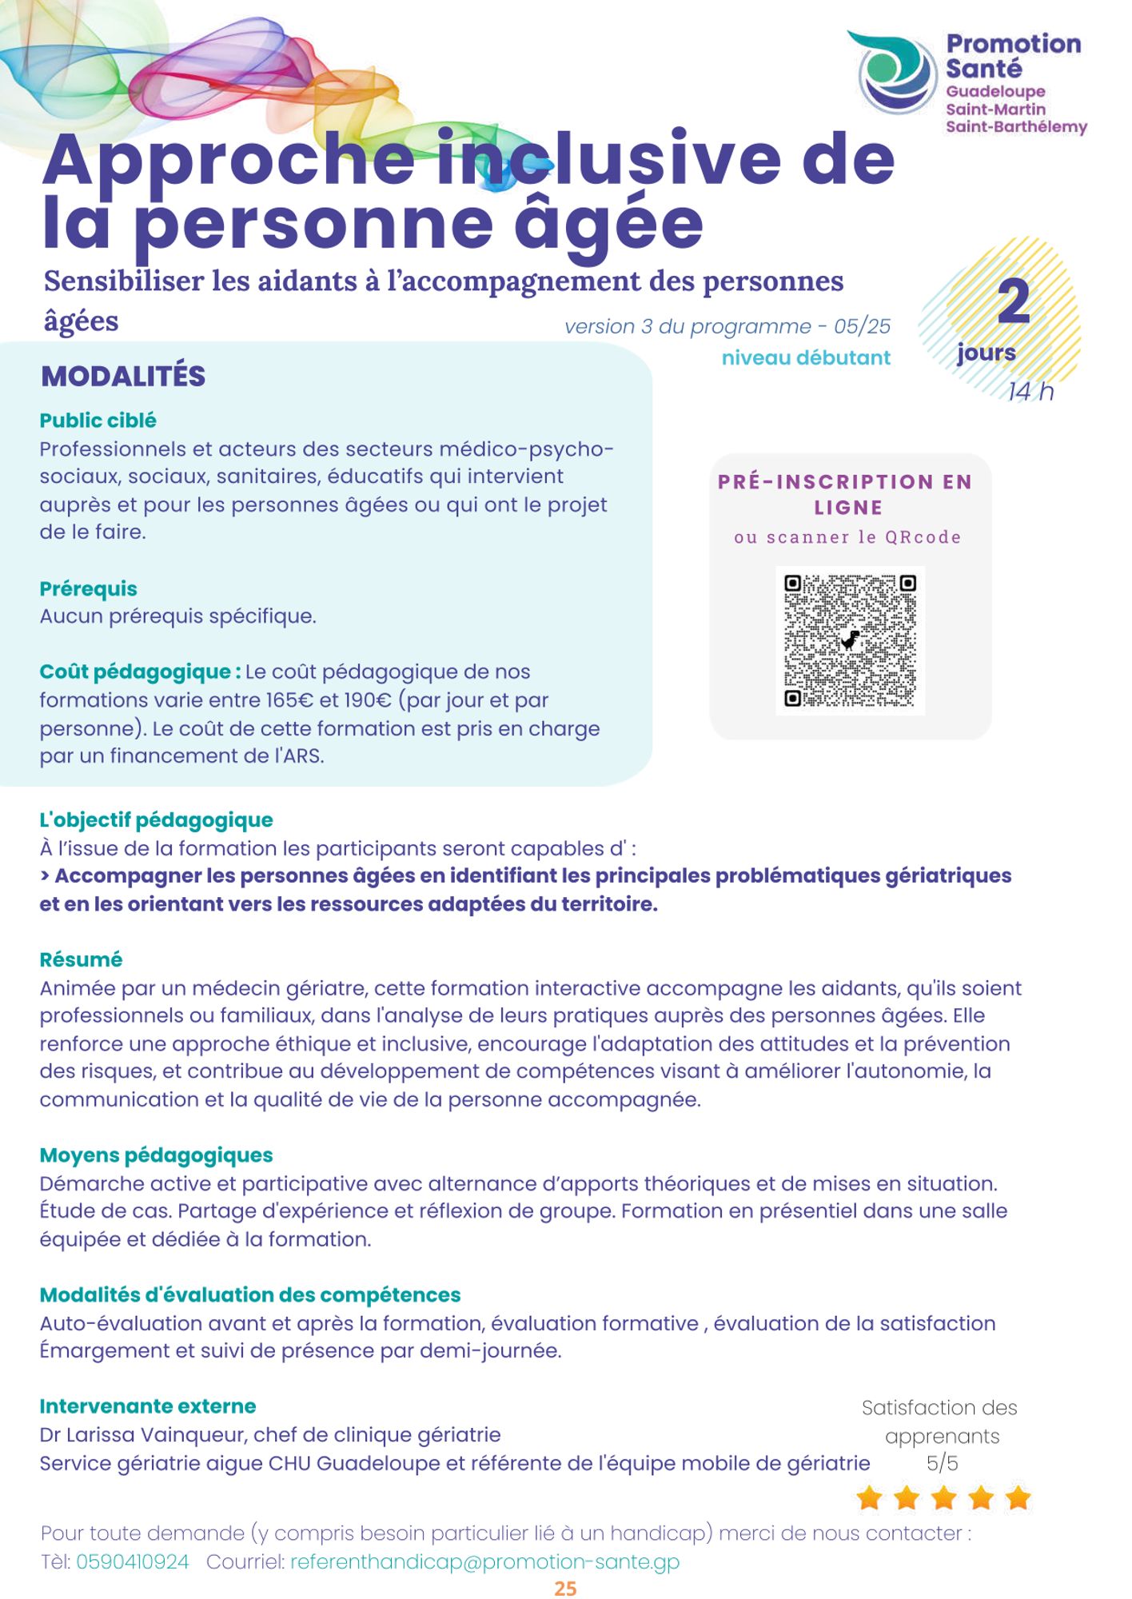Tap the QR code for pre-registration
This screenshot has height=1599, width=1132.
point(850,640)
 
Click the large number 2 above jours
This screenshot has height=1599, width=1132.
point(1014,302)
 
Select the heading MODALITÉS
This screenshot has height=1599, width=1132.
point(123,376)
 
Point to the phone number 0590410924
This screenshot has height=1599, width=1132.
point(133,1561)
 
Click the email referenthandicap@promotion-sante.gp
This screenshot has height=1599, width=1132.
point(484,1561)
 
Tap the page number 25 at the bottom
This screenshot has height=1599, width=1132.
point(565,1588)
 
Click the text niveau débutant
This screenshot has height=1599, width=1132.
point(805,357)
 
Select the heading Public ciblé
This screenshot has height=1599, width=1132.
point(98,421)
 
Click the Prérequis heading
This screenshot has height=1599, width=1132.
point(88,588)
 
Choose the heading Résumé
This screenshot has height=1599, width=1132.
point(81,959)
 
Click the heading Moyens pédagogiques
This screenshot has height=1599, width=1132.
point(156,1154)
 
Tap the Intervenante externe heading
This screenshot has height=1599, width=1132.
point(148,1406)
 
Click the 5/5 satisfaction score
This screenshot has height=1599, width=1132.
point(942,1463)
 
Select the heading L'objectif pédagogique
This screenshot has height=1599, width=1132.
point(156,819)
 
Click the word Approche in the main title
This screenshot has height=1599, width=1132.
point(228,160)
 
